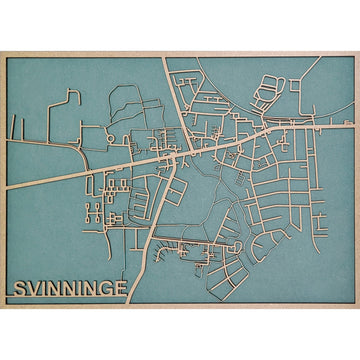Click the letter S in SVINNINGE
click(x=18, y=290)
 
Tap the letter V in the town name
click(x=32, y=290)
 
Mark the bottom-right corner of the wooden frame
click(x=358, y=307)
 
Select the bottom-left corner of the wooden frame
click(x=2, y=307)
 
